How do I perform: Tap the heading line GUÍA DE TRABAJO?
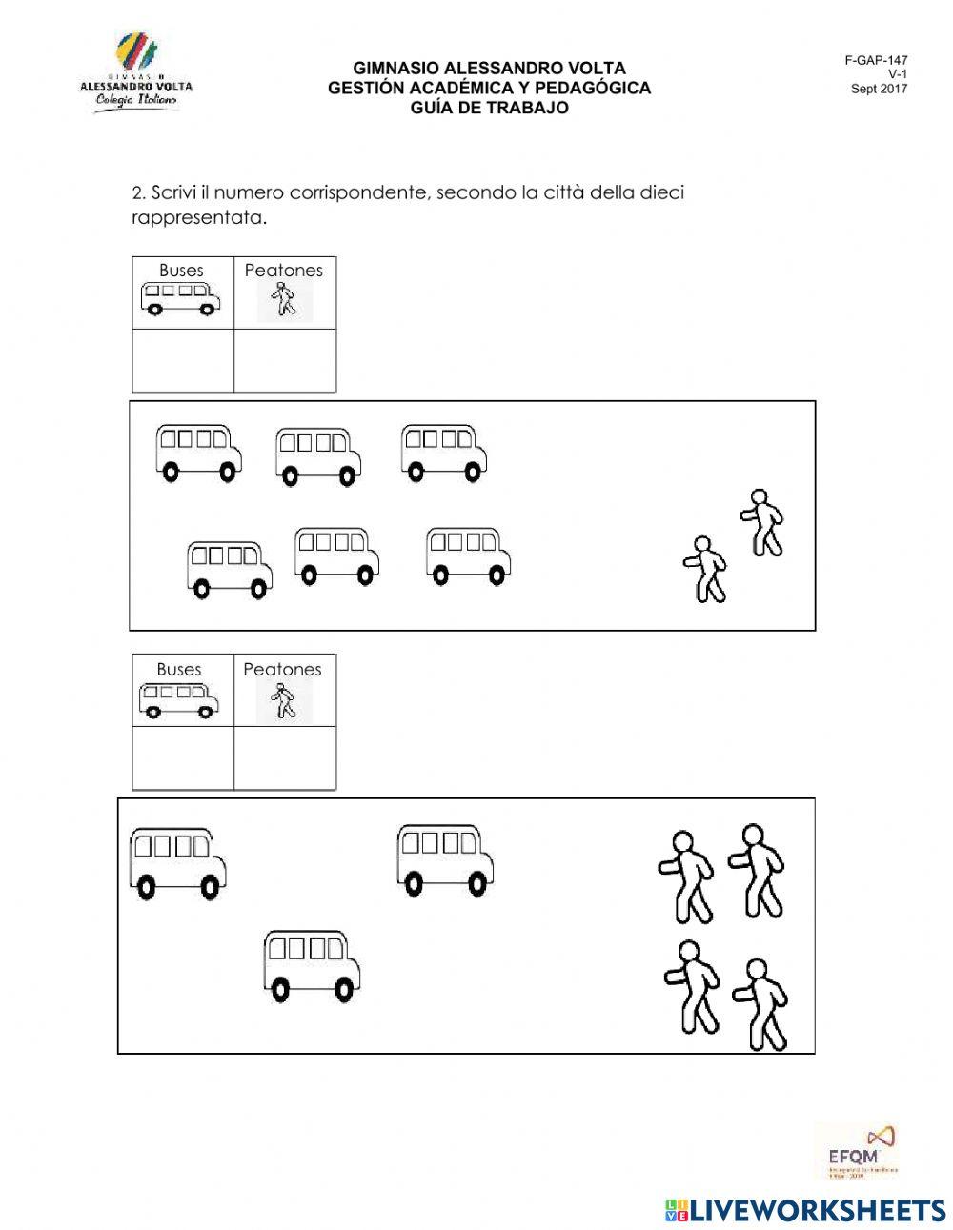coord(489,108)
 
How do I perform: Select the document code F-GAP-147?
coord(876,60)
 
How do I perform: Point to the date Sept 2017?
coord(879,89)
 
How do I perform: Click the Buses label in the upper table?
coord(181,271)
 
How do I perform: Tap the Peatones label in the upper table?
coord(284,271)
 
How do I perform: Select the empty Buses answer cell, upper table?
coord(183,360)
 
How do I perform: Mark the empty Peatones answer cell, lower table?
coord(284,757)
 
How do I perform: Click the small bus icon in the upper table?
coord(180,298)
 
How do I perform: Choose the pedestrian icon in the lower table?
coord(282,702)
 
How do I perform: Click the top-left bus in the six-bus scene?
coord(197,453)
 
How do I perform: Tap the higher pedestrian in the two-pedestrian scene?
coord(761,522)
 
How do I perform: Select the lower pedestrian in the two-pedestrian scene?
coord(705,569)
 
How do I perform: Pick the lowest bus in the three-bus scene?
coord(312,966)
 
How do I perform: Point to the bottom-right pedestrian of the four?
coord(760,1004)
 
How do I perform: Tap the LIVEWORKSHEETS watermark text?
coord(806,1209)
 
